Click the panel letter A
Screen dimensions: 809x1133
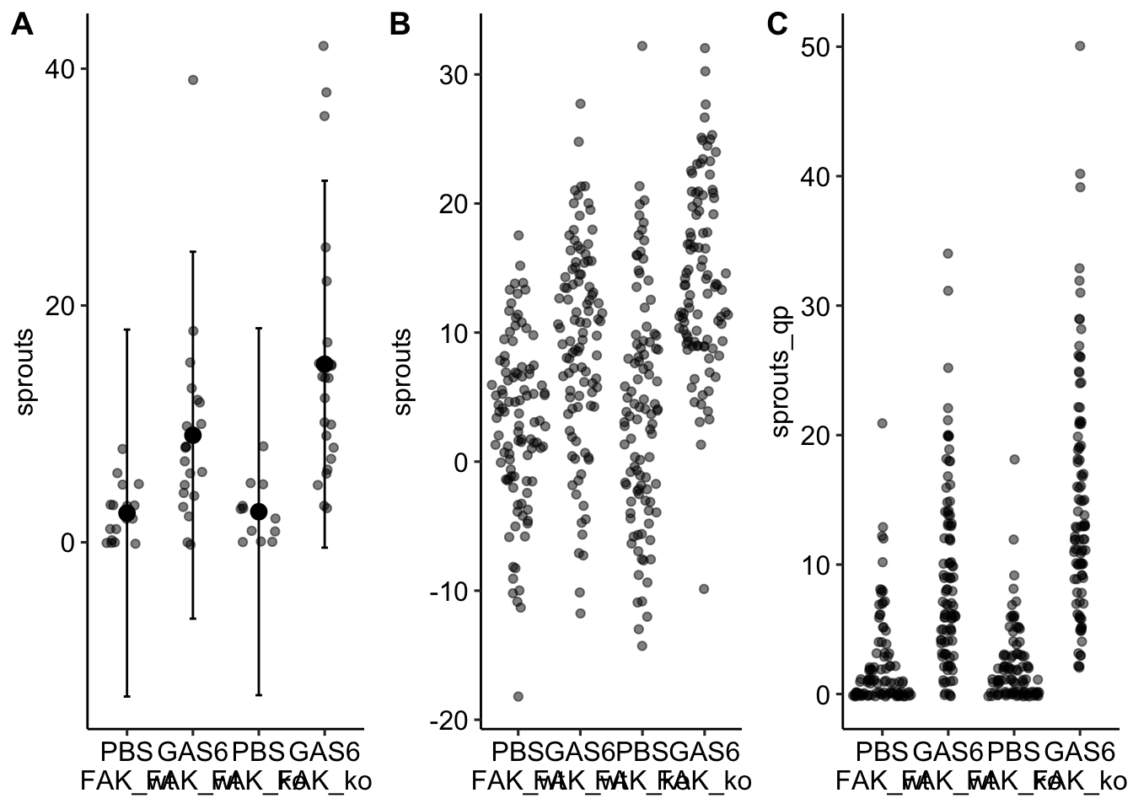(x=22, y=25)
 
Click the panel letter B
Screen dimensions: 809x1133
(x=400, y=25)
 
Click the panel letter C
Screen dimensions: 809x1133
(x=777, y=25)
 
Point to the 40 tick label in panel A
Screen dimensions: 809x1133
(x=59, y=69)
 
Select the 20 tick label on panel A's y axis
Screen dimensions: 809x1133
(x=59, y=306)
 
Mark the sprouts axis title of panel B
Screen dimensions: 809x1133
(x=403, y=372)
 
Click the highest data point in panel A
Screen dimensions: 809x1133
(x=323, y=46)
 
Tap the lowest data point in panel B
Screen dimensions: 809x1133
(x=518, y=696)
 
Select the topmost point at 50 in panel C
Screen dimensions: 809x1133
(x=1080, y=46)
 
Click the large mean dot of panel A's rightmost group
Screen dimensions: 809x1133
(x=325, y=364)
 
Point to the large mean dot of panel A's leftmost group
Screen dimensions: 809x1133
(x=127, y=513)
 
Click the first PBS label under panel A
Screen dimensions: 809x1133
(x=127, y=751)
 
